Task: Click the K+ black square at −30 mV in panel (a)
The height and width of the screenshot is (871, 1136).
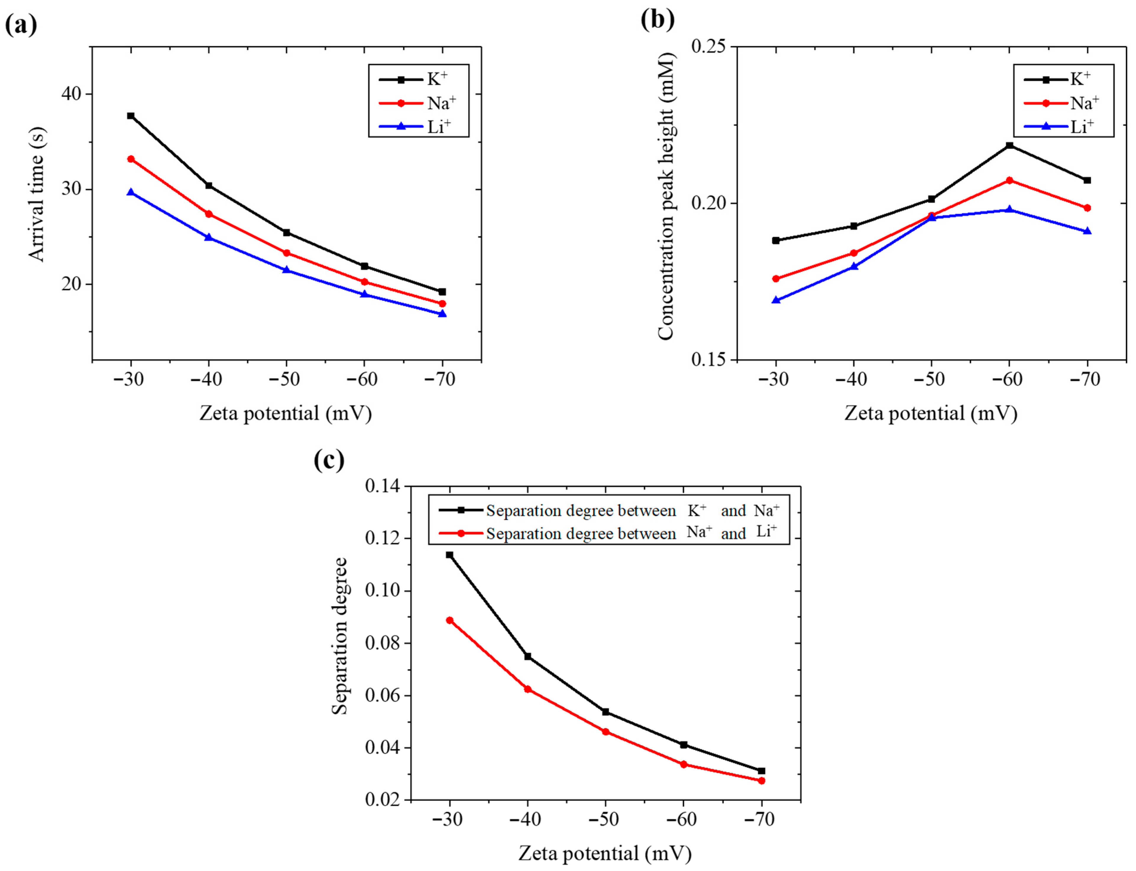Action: pyautogui.click(x=131, y=116)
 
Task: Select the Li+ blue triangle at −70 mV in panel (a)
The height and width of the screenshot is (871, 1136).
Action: pyautogui.click(x=442, y=314)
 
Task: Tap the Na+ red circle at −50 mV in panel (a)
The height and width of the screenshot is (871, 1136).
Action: pyautogui.click(x=286, y=253)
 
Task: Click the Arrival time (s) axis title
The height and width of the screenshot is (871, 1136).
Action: pyautogui.click(x=36, y=194)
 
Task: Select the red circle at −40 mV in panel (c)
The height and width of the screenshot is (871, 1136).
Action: pyautogui.click(x=527, y=689)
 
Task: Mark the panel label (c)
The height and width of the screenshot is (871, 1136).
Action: pyautogui.click(x=329, y=459)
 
